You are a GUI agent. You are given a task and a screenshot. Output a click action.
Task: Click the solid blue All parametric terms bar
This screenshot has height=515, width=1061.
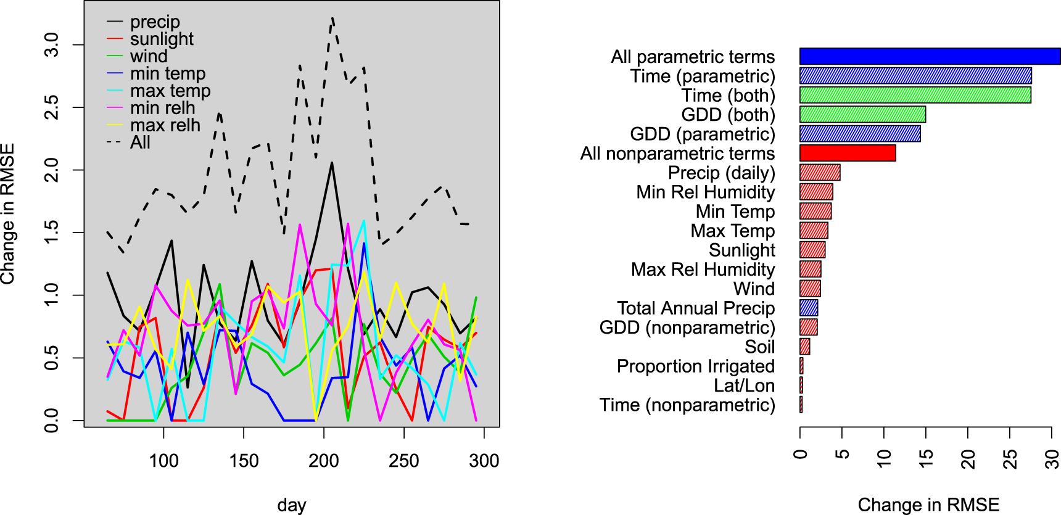(930, 56)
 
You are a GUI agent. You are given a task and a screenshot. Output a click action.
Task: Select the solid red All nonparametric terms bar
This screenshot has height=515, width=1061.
(848, 153)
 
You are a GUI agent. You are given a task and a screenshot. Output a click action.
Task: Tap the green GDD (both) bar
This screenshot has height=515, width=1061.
(862, 114)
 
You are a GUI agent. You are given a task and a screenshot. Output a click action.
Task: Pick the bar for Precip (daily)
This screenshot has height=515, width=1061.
(820, 172)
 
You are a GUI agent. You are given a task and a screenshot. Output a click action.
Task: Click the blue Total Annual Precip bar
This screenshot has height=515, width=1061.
(809, 308)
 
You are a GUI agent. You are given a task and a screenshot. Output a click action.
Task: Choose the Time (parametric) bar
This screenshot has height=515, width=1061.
(915, 76)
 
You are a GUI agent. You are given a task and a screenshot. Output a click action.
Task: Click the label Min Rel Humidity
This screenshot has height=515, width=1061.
(705, 192)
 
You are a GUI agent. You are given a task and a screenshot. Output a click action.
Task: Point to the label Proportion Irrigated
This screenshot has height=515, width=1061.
(695, 366)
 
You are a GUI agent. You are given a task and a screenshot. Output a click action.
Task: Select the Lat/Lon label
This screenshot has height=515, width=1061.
(744, 385)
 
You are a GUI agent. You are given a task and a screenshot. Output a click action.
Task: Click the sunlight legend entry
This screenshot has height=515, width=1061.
(161, 39)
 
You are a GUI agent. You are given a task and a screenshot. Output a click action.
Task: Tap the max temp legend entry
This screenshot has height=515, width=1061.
(170, 91)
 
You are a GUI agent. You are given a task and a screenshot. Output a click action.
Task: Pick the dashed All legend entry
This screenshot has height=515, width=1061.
(140, 142)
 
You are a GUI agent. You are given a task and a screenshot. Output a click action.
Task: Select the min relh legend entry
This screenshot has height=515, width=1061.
(162, 108)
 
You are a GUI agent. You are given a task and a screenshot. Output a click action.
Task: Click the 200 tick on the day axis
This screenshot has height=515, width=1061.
(324, 460)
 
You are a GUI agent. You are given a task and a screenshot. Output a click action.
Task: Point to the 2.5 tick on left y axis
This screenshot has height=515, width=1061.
(52, 107)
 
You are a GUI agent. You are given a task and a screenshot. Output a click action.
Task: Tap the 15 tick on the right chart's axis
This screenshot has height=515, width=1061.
(926, 458)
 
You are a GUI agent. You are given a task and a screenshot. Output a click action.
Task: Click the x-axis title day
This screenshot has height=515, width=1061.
(292, 505)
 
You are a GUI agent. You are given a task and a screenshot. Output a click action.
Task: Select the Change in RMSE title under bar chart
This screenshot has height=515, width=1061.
(928, 505)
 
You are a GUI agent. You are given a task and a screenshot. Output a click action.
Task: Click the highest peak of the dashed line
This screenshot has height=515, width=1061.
(332, 19)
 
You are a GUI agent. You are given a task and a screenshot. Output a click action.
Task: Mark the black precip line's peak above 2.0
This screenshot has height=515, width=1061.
(332, 163)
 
